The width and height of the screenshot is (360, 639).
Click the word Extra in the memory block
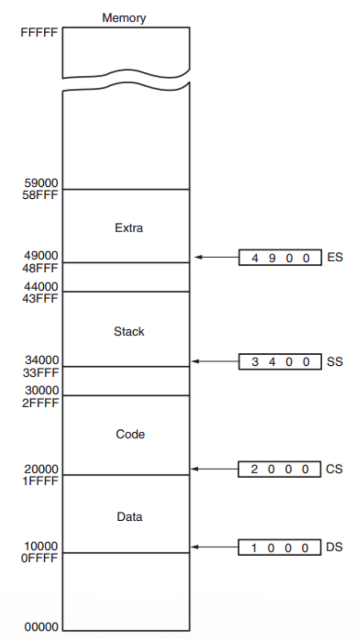click(128, 229)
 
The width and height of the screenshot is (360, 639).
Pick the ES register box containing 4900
click(279, 258)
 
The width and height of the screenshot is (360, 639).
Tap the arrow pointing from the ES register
click(216, 257)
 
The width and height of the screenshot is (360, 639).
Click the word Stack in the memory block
click(128, 331)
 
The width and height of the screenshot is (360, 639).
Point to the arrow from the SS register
click(216, 361)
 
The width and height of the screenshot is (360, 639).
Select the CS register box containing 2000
click(279, 469)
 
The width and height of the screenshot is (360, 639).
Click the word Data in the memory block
click(128, 517)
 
